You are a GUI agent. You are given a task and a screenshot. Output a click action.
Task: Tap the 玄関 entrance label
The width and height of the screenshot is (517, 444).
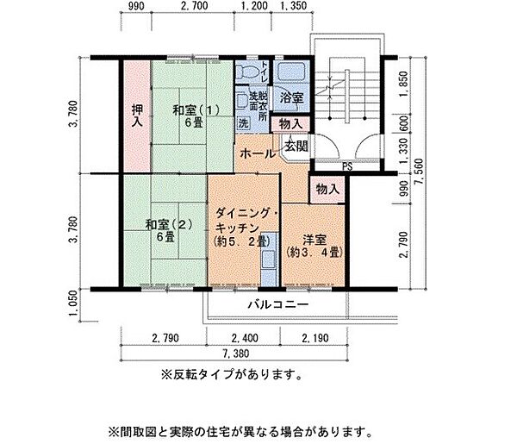(296, 147)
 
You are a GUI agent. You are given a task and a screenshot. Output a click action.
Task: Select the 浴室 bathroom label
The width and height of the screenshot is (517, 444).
(292, 99)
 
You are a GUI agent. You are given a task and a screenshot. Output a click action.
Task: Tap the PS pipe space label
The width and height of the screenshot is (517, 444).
(346, 166)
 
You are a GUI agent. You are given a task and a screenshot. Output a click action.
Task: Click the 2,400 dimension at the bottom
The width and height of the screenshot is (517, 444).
(244, 339)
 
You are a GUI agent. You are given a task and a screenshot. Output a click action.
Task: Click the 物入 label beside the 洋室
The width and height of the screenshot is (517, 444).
(327, 188)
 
